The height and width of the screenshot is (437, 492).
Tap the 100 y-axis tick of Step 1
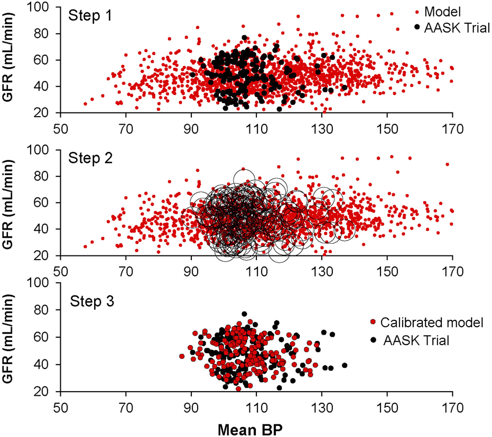point(46,8)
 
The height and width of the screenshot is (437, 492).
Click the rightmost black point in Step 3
point(345,365)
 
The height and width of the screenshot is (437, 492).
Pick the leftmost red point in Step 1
point(85,104)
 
